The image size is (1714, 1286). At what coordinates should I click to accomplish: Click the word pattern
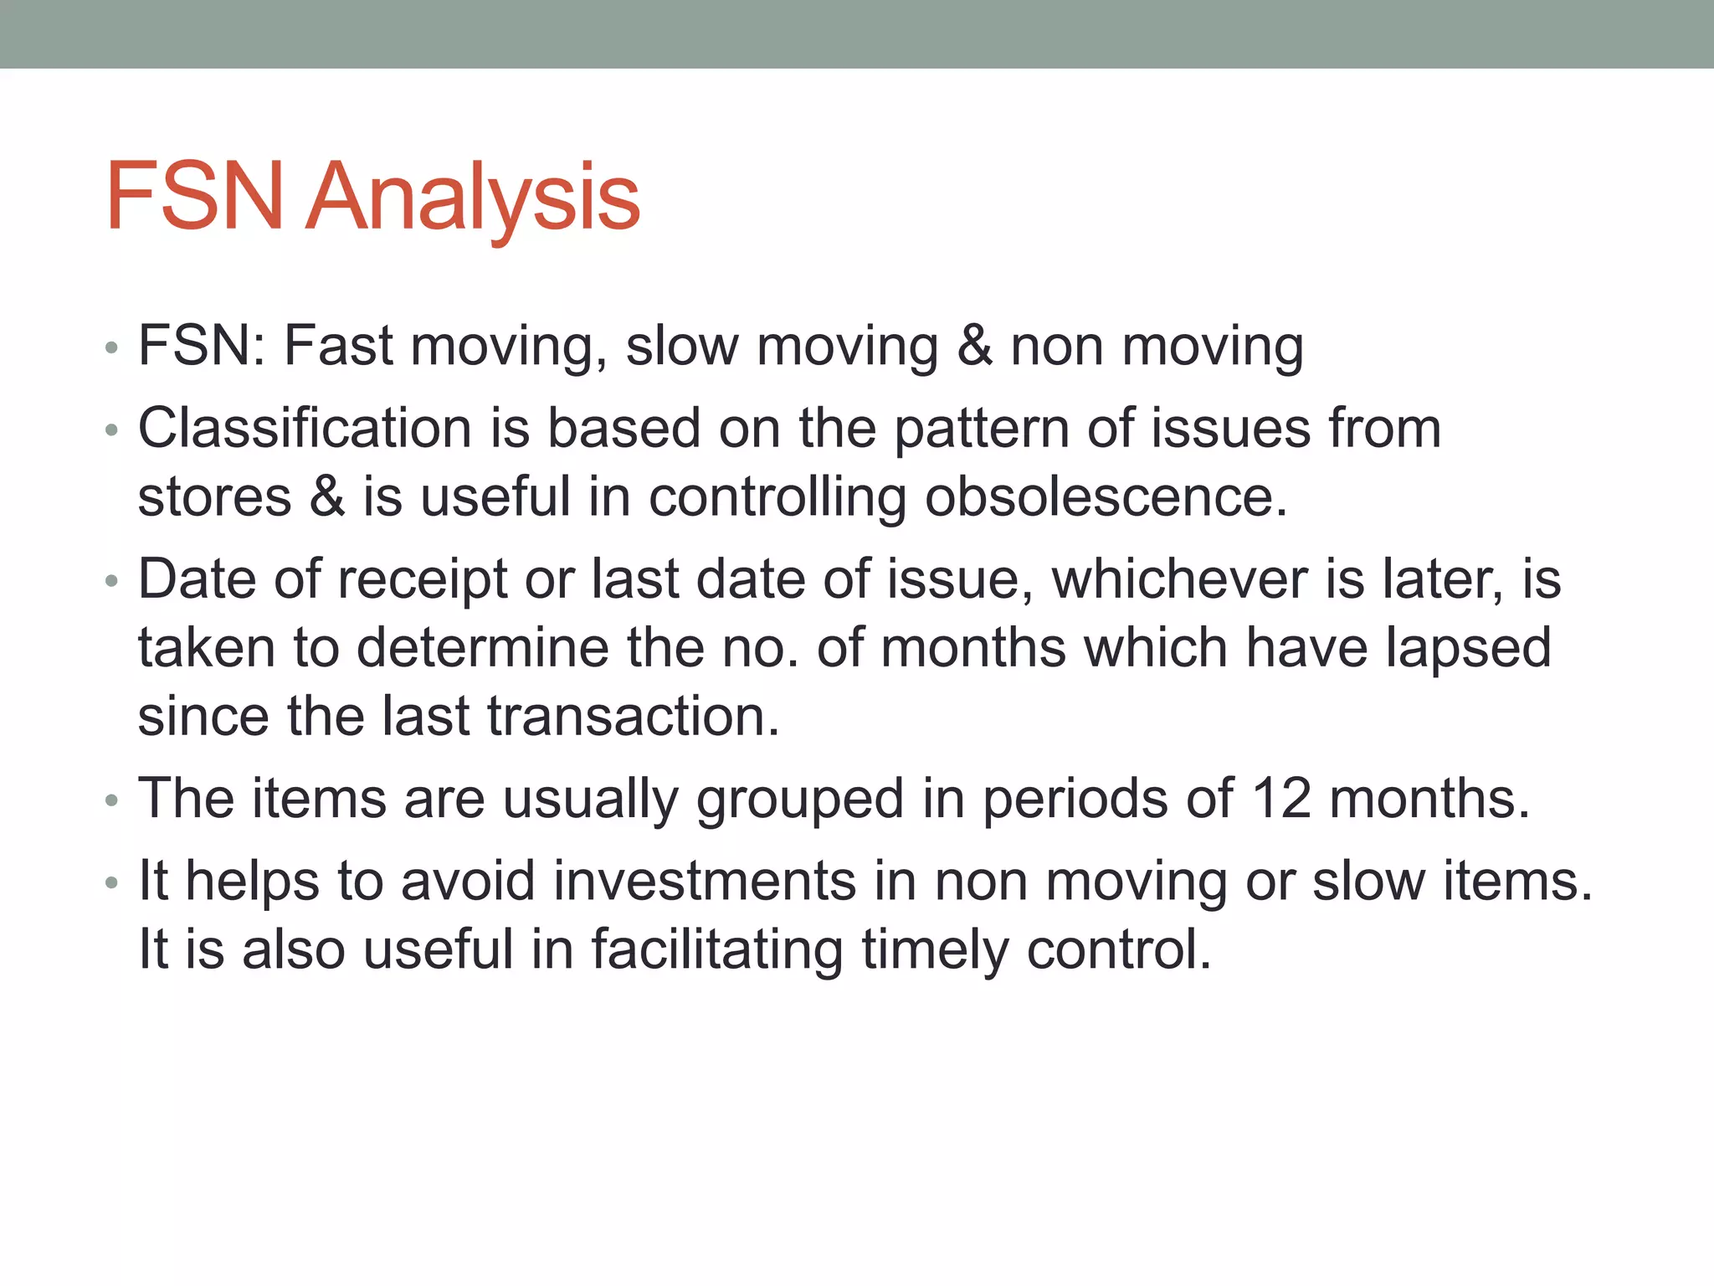981,430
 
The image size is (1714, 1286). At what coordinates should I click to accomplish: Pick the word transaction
633,717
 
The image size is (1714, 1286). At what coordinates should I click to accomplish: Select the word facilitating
716,950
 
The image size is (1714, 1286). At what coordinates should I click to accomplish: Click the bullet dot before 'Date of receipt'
112,580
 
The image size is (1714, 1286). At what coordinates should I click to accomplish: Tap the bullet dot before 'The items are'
112,800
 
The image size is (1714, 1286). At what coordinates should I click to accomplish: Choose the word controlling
777,497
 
